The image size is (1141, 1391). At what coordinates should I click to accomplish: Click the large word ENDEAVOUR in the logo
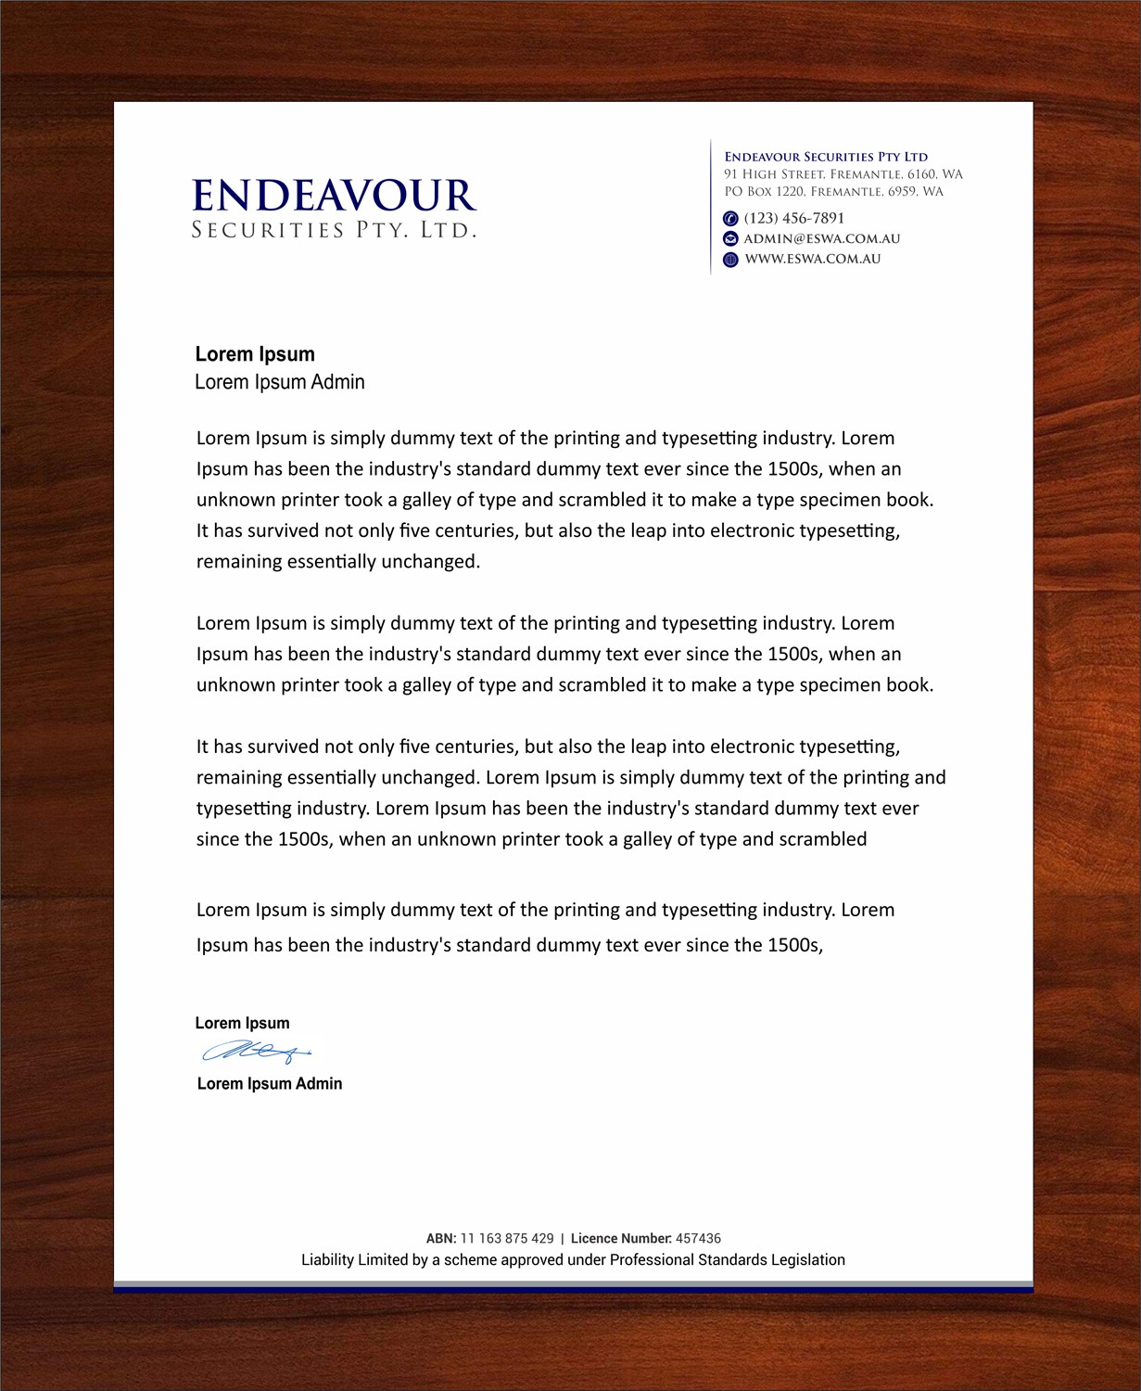334,196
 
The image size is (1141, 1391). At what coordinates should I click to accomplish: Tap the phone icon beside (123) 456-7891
730,219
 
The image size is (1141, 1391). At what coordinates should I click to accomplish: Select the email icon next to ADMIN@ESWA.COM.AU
730,239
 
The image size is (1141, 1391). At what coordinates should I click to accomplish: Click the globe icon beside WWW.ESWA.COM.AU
730,260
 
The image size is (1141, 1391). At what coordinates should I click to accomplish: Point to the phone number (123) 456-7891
794,219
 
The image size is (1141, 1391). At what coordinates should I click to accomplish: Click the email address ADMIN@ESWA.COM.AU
822,239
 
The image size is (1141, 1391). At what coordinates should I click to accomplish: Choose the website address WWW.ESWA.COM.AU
813,260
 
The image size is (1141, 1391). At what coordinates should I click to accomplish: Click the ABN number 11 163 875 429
507,1239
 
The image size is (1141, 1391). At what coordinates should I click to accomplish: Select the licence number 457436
698,1239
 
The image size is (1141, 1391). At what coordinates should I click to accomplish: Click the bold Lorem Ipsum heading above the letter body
255,354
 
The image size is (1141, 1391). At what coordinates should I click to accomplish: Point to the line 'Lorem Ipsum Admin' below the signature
270,1084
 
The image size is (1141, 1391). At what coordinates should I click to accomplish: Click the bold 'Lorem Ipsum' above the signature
242,1024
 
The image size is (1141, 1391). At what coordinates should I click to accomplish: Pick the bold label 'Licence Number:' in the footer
621,1239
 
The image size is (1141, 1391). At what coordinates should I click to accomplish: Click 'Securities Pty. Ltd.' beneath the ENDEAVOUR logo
334,230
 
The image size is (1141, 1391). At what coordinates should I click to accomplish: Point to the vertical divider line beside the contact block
711,207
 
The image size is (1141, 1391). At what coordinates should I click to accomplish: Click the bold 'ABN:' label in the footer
441,1239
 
